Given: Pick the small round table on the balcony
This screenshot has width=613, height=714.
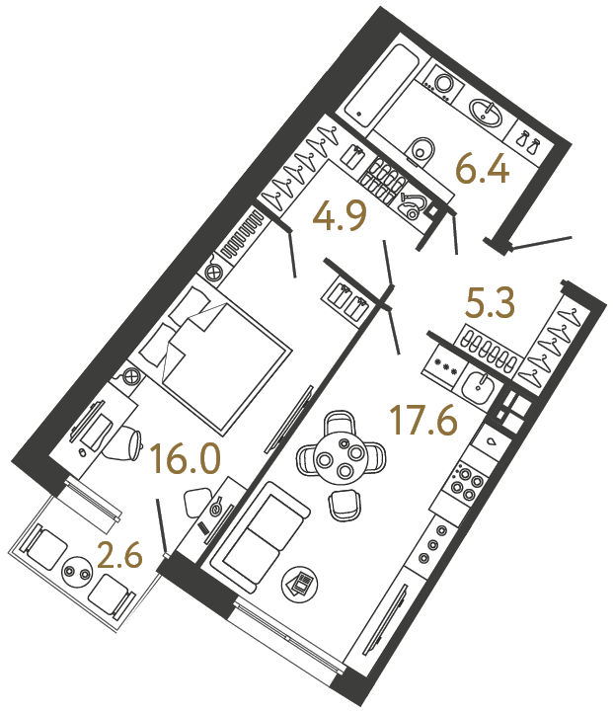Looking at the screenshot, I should [75, 571].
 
